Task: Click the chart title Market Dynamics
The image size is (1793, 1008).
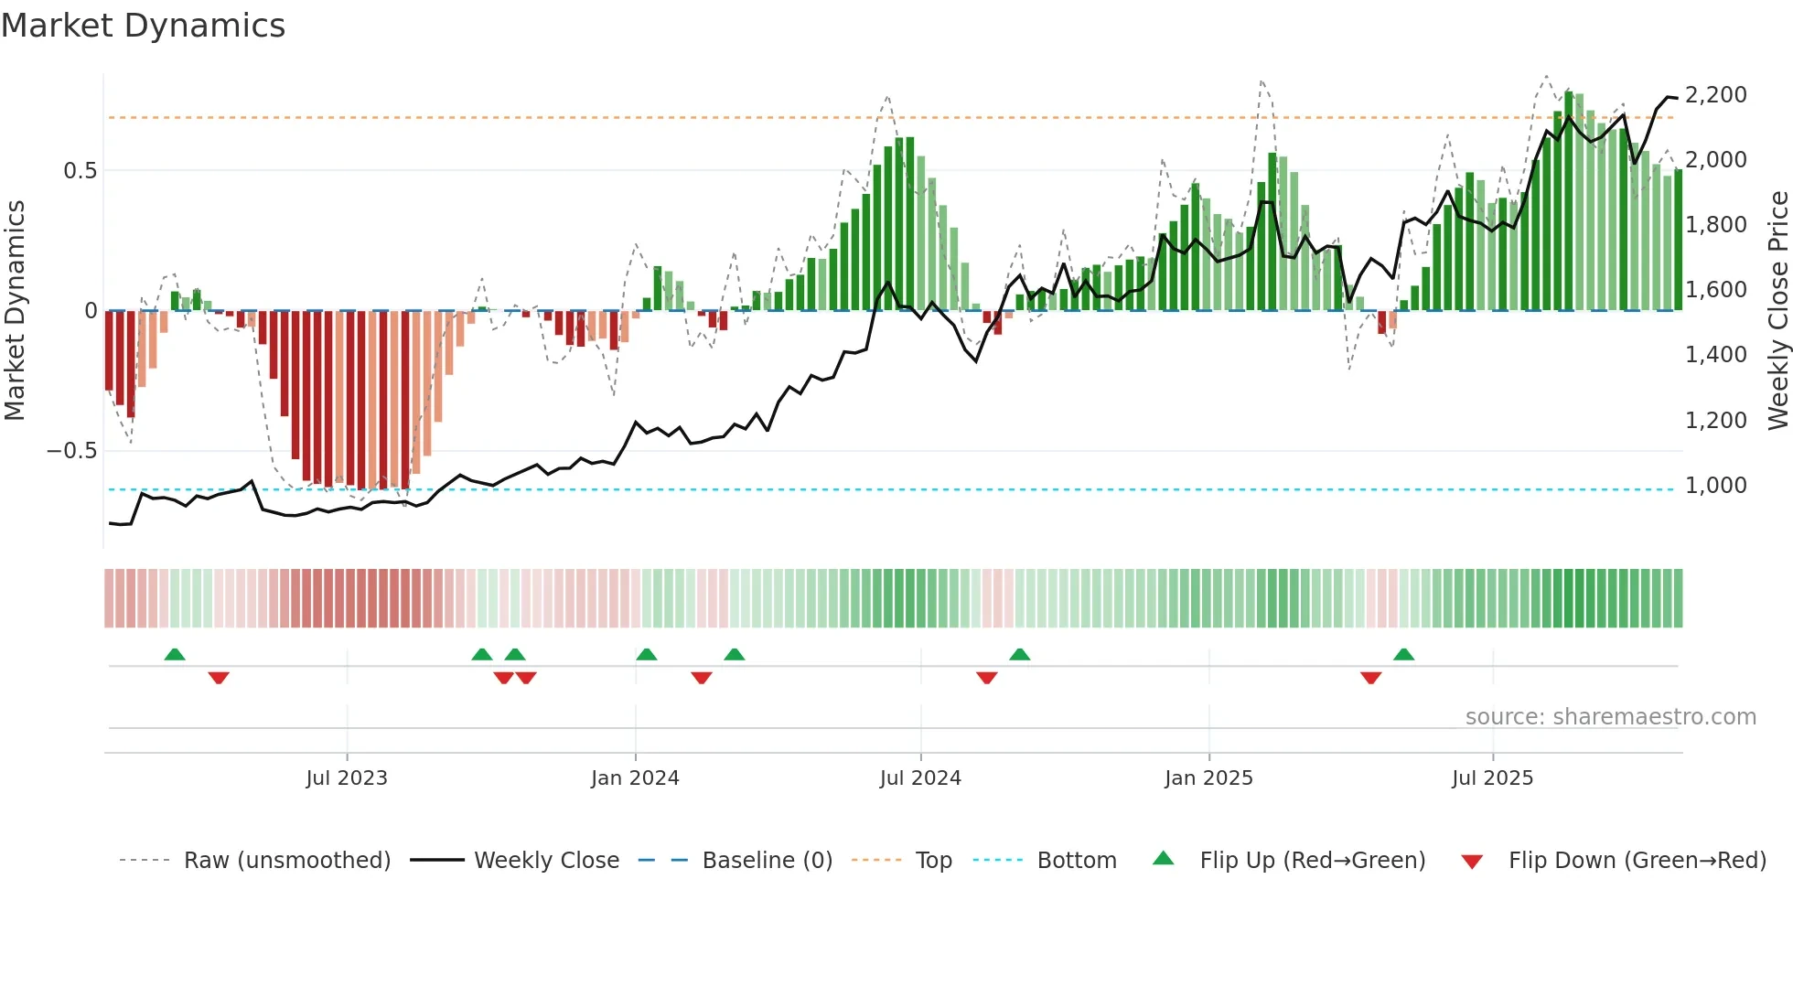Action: click(x=143, y=26)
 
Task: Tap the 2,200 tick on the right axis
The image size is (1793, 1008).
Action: click(x=1715, y=95)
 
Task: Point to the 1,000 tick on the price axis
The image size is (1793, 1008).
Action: click(x=1715, y=486)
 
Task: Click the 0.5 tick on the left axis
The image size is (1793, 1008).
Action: click(x=80, y=171)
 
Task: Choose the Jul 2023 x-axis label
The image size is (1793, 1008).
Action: click(x=347, y=778)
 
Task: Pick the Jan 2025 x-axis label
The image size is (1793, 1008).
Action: click(x=1208, y=778)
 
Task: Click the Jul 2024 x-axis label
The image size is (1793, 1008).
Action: click(x=920, y=778)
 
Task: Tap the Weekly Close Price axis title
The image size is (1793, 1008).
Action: click(x=1777, y=310)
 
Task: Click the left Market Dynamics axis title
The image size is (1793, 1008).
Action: click(x=15, y=310)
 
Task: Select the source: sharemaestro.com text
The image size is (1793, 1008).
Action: click(x=1610, y=717)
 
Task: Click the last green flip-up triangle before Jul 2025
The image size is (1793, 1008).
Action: click(x=1403, y=654)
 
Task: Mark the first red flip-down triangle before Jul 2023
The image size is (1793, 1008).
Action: click(x=219, y=678)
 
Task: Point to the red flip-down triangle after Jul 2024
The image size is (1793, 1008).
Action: click(x=986, y=678)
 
